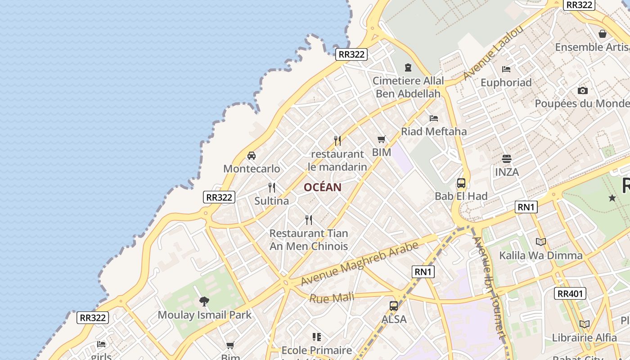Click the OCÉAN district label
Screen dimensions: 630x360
[322, 187]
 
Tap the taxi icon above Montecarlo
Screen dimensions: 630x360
[252, 156]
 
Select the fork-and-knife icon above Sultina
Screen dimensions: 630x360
[272, 187]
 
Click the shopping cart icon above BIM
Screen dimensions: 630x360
[382, 139]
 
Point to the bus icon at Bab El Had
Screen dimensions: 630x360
[461, 183]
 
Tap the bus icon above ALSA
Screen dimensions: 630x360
[394, 306]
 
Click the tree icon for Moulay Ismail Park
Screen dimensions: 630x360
[204, 301]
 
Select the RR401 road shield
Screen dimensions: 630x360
[571, 294]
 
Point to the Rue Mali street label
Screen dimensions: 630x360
[332, 298]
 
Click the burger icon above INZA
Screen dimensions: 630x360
[507, 159]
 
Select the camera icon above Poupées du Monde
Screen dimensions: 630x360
[583, 90]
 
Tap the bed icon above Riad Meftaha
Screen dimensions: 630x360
[434, 118]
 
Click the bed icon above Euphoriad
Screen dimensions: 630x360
[506, 69]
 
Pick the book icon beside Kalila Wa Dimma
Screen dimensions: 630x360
[541, 242]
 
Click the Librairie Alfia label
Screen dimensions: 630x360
[585, 337]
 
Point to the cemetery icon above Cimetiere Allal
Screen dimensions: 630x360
[408, 67]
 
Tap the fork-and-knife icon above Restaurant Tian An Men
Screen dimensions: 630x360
[309, 220]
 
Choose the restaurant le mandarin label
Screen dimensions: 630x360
[337, 160]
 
